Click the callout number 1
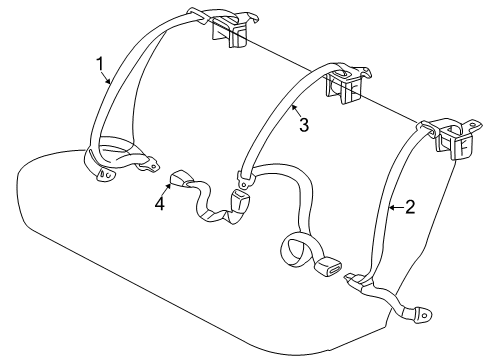click(100, 65)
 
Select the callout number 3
click(303, 125)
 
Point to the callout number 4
click(157, 206)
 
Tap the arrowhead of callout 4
click(169, 185)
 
